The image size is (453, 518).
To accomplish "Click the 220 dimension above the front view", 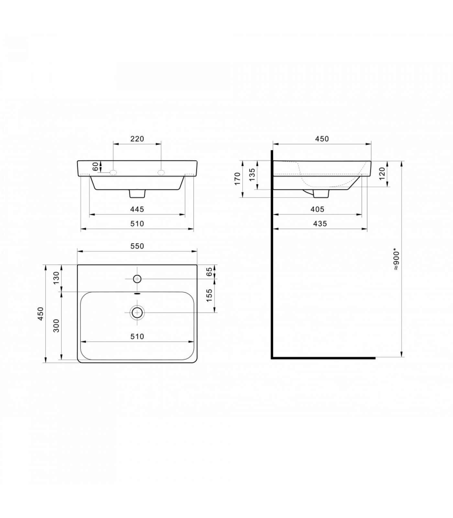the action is point(137,139).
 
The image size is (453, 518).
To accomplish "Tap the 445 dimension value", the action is point(137,209).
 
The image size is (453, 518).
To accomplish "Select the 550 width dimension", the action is point(137,246).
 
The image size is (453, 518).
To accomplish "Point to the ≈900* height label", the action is point(397,259).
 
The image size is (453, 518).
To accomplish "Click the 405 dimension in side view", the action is point(317,209).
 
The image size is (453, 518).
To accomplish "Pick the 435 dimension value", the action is point(320,224).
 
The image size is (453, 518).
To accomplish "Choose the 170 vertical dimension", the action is point(238,179).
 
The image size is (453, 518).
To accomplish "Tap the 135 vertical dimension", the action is point(252,174).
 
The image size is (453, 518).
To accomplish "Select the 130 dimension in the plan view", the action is point(56,278).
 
